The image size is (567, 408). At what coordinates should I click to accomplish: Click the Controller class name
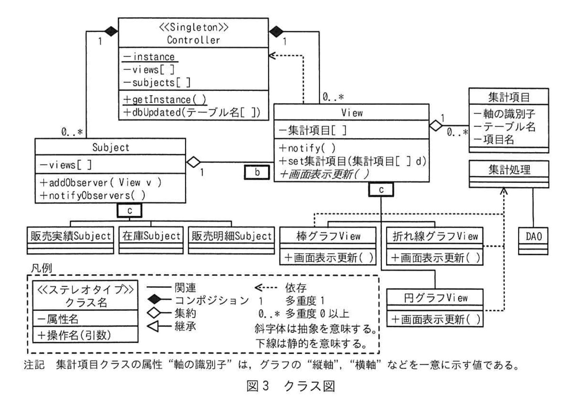[193, 40]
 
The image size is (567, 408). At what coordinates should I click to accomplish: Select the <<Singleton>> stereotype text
[193, 27]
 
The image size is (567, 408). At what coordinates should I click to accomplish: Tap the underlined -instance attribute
[150, 57]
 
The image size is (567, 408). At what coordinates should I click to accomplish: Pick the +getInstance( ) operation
[165, 99]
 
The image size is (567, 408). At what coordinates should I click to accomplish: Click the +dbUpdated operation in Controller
[192, 112]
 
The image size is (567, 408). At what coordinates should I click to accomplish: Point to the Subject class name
[110, 147]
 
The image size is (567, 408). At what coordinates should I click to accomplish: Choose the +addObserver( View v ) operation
[101, 183]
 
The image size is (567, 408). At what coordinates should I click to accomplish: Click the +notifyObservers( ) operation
[92, 196]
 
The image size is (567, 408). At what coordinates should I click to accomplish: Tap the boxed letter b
[257, 172]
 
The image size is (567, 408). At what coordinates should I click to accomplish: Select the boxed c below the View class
[381, 189]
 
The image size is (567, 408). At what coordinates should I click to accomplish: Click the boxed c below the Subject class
[130, 210]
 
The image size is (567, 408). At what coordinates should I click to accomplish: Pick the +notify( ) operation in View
[307, 148]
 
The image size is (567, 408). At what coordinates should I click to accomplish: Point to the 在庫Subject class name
[151, 236]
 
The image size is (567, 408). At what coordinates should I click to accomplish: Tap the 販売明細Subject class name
[231, 236]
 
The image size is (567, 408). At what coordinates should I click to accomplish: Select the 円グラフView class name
[435, 298]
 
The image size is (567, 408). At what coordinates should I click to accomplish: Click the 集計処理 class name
[509, 169]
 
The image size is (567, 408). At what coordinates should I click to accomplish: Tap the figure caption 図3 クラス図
[291, 386]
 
